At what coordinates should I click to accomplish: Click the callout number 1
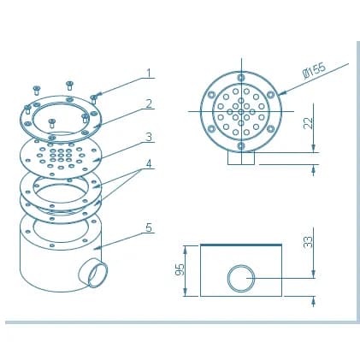(x=149, y=73)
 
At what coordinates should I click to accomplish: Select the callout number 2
(x=149, y=104)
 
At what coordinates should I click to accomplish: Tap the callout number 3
(x=149, y=137)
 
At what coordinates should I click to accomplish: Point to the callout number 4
(x=149, y=164)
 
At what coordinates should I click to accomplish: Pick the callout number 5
(x=149, y=227)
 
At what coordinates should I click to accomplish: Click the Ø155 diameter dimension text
(x=314, y=70)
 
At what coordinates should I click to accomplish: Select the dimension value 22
(x=308, y=123)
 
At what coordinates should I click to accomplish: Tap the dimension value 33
(x=308, y=242)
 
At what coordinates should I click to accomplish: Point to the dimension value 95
(x=180, y=269)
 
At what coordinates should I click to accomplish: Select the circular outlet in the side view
(x=241, y=279)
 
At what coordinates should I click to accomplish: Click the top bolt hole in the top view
(x=241, y=77)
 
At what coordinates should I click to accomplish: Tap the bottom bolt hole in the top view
(x=241, y=146)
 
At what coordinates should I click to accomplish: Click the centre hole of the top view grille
(x=241, y=111)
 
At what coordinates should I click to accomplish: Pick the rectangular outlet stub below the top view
(x=241, y=157)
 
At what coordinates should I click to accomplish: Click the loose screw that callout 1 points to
(x=93, y=99)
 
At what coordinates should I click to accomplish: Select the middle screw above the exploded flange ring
(x=69, y=86)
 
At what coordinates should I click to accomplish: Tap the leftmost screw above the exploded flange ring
(x=37, y=90)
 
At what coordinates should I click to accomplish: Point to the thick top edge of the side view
(x=241, y=245)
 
